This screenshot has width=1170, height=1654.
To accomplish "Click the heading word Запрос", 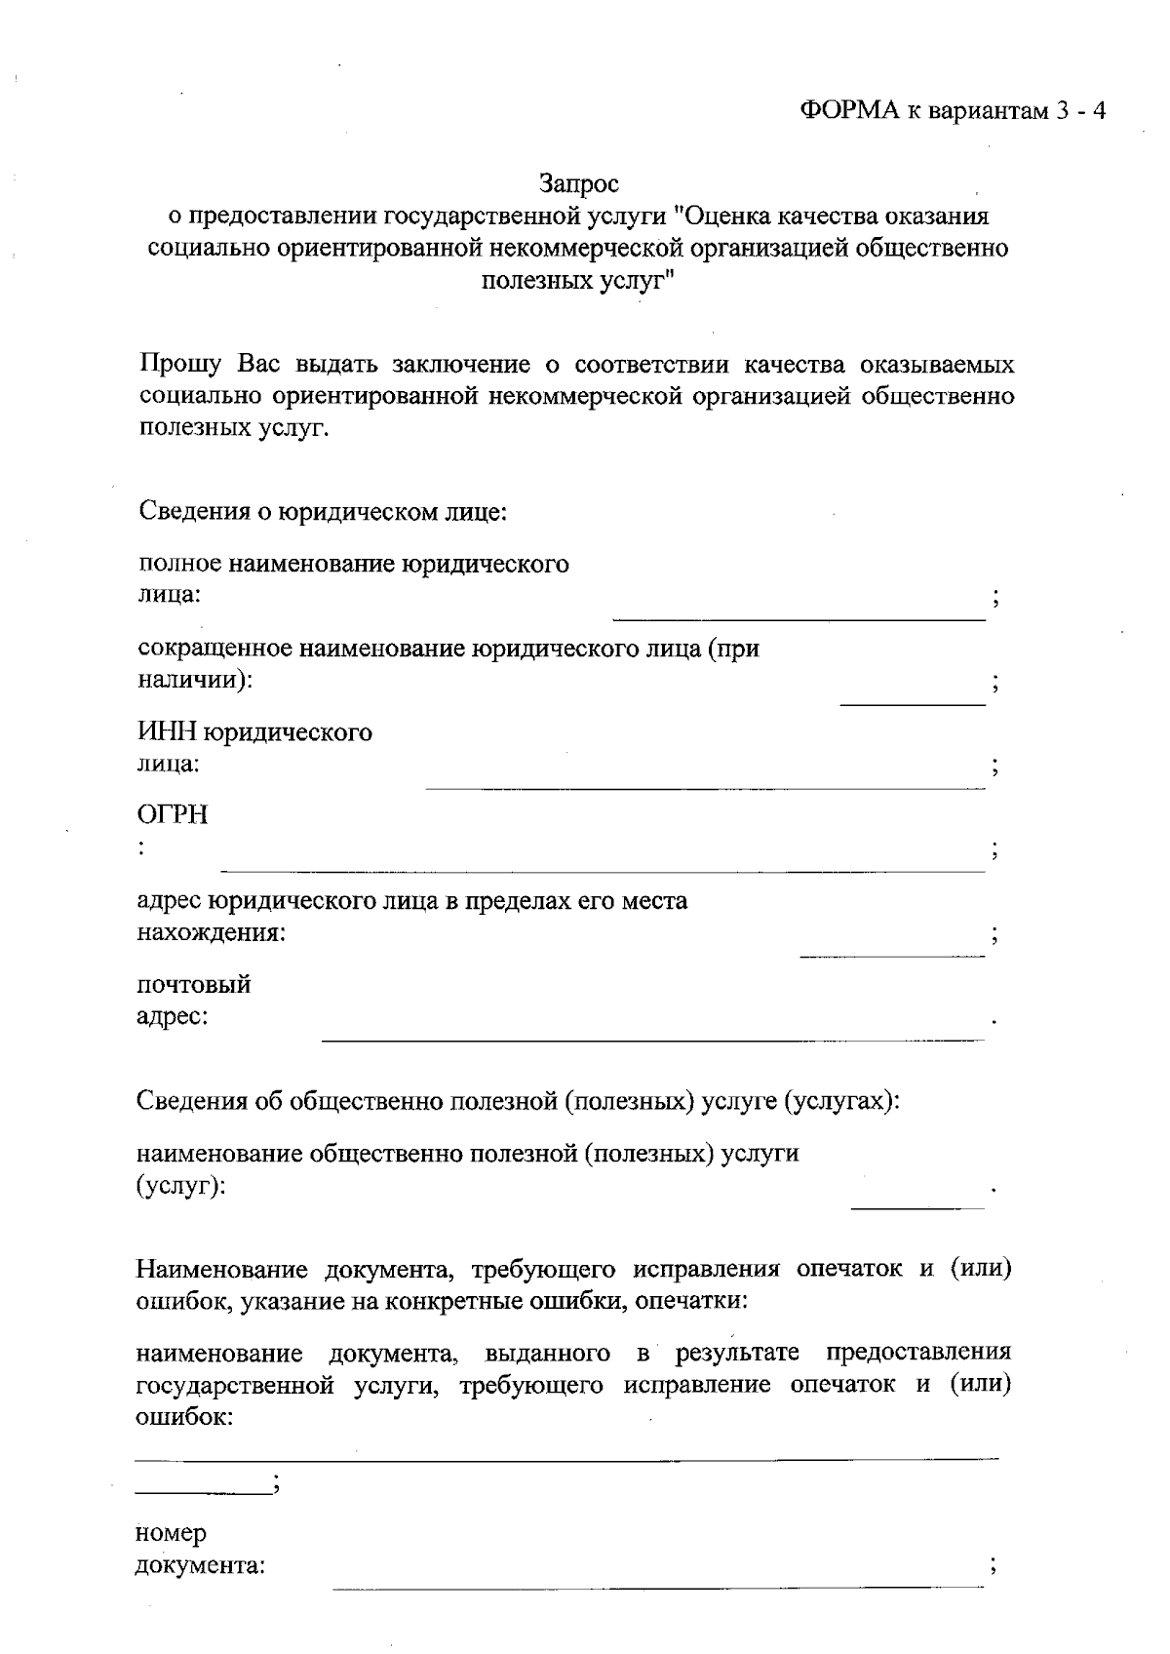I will point(579,182).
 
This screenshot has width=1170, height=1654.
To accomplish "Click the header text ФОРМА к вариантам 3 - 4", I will point(954,110).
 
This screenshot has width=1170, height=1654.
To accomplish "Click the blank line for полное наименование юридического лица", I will point(799,618).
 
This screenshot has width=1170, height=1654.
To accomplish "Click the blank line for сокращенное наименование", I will point(913,703).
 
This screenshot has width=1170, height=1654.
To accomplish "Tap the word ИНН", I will point(173,731).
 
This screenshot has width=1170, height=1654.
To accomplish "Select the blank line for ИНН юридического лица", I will point(705,787).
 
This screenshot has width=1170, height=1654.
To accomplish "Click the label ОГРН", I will point(173,815).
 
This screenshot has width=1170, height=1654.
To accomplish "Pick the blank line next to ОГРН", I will point(603,870).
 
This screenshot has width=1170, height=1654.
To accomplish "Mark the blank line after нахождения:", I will point(892,956).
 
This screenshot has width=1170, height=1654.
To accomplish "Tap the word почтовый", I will point(194,984).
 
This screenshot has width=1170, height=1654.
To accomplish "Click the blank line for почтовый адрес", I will point(652,1040).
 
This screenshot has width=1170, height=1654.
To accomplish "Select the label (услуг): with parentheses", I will point(181,1187).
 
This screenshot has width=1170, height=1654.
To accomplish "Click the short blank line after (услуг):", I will point(917,1209).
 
